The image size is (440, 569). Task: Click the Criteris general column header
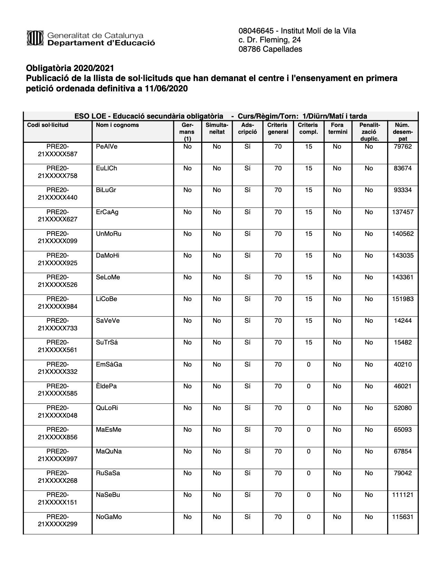pos(277,128)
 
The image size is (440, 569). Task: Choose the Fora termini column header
pos(337,128)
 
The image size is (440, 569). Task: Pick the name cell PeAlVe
pos(107,147)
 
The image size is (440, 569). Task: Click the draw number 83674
pos(402,168)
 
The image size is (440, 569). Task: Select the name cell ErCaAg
pos(107,212)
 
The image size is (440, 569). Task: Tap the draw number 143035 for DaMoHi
pos(402,256)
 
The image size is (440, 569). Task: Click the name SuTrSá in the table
pos(107,342)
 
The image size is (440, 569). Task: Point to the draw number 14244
pos(402,321)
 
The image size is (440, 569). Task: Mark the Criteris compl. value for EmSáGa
pos(308,365)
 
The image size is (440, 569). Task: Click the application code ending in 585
pos(58,390)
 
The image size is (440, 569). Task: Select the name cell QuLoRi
pos(107,408)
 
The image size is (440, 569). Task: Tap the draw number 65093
pos(402,430)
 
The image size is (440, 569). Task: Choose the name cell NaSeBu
pos(108,495)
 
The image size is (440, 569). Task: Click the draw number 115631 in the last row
pos(402,517)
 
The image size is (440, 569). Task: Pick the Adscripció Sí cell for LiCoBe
pos(247,299)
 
